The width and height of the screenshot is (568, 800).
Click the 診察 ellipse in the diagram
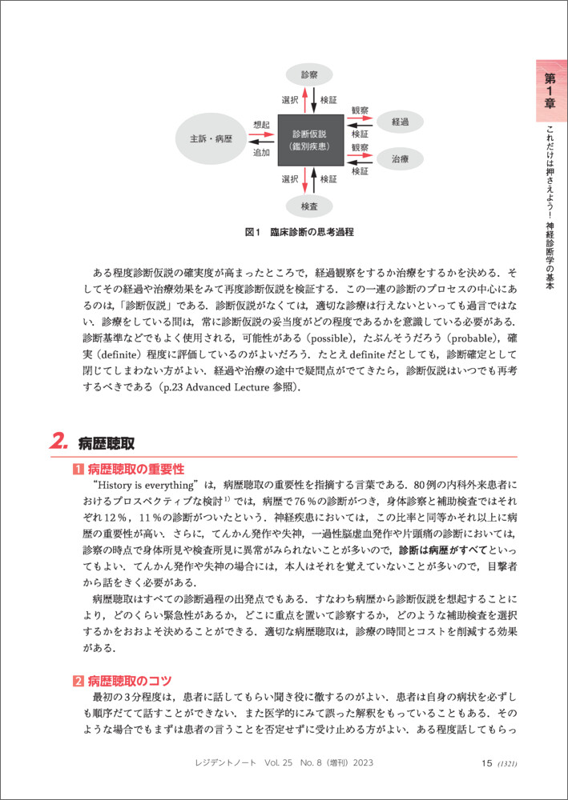pyautogui.click(x=309, y=74)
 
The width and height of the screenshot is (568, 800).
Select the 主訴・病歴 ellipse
pyautogui.click(x=211, y=138)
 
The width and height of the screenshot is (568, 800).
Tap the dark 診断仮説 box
pyautogui.click(x=310, y=140)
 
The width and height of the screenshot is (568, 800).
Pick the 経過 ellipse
pyautogui.click(x=400, y=122)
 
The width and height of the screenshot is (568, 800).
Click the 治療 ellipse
pyautogui.click(x=400, y=158)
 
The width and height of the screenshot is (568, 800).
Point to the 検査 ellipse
pyautogui.click(x=309, y=206)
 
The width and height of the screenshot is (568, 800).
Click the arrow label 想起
pyautogui.click(x=261, y=124)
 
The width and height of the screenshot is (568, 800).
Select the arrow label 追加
pyautogui.click(x=261, y=153)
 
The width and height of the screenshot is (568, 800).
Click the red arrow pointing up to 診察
pyautogui.click(x=305, y=100)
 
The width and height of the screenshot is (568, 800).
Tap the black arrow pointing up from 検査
pyautogui.click(x=313, y=180)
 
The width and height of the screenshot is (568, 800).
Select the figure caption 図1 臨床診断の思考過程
pyautogui.click(x=300, y=233)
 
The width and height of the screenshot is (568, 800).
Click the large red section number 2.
pyautogui.click(x=59, y=442)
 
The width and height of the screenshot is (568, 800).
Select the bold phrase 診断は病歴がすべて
pyautogui.click(x=443, y=550)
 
